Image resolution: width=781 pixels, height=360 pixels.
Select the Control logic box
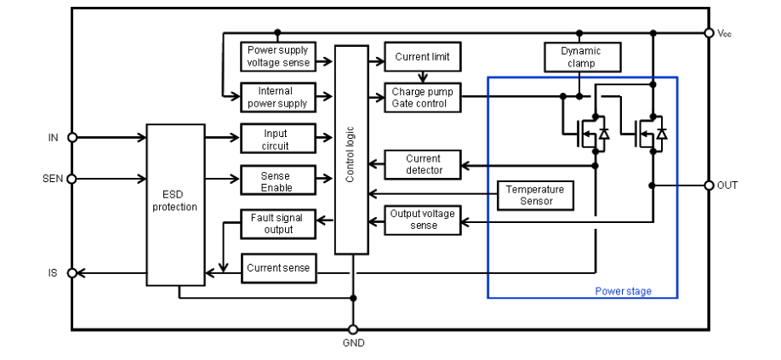pyautogui.click(x=351, y=151)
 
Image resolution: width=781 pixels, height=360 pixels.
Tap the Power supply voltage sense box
pyautogui.click(x=278, y=56)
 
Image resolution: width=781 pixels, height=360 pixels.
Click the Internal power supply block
pyautogui.click(x=278, y=97)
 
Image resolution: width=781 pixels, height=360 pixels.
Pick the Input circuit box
pyautogui.click(x=278, y=139)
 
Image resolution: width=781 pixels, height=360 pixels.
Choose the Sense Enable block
pyautogui.click(x=278, y=180)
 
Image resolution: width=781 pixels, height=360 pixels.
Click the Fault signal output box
pyautogui.click(x=278, y=223)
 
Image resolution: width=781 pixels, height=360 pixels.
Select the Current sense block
pyautogui.click(x=278, y=268)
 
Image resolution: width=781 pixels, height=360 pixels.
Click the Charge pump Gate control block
pyautogui.click(x=423, y=97)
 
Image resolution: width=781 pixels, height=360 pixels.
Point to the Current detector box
pyautogui.click(x=423, y=164)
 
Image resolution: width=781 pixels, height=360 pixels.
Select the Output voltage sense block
pyautogui.click(x=423, y=220)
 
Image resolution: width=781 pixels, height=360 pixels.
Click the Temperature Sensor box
pyautogui.click(x=536, y=195)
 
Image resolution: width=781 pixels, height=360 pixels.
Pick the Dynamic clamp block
pyautogui.click(x=581, y=56)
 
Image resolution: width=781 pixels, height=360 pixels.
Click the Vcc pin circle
pyautogui.click(x=710, y=33)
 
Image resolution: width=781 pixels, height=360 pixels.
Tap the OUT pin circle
pyautogui.click(x=710, y=185)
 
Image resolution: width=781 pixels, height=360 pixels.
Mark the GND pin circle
pyautogui.click(x=353, y=329)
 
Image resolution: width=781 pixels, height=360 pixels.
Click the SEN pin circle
pyautogui.click(x=72, y=179)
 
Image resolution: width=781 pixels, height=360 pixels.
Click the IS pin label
pyautogui.click(x=54, y=273)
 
